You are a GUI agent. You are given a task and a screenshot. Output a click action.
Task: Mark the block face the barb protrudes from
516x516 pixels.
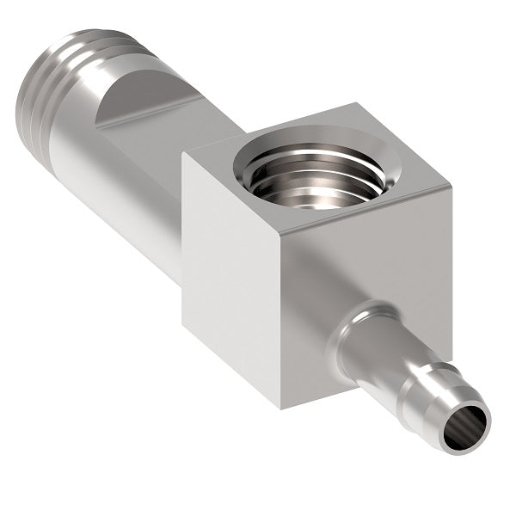[x=361, y=275]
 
